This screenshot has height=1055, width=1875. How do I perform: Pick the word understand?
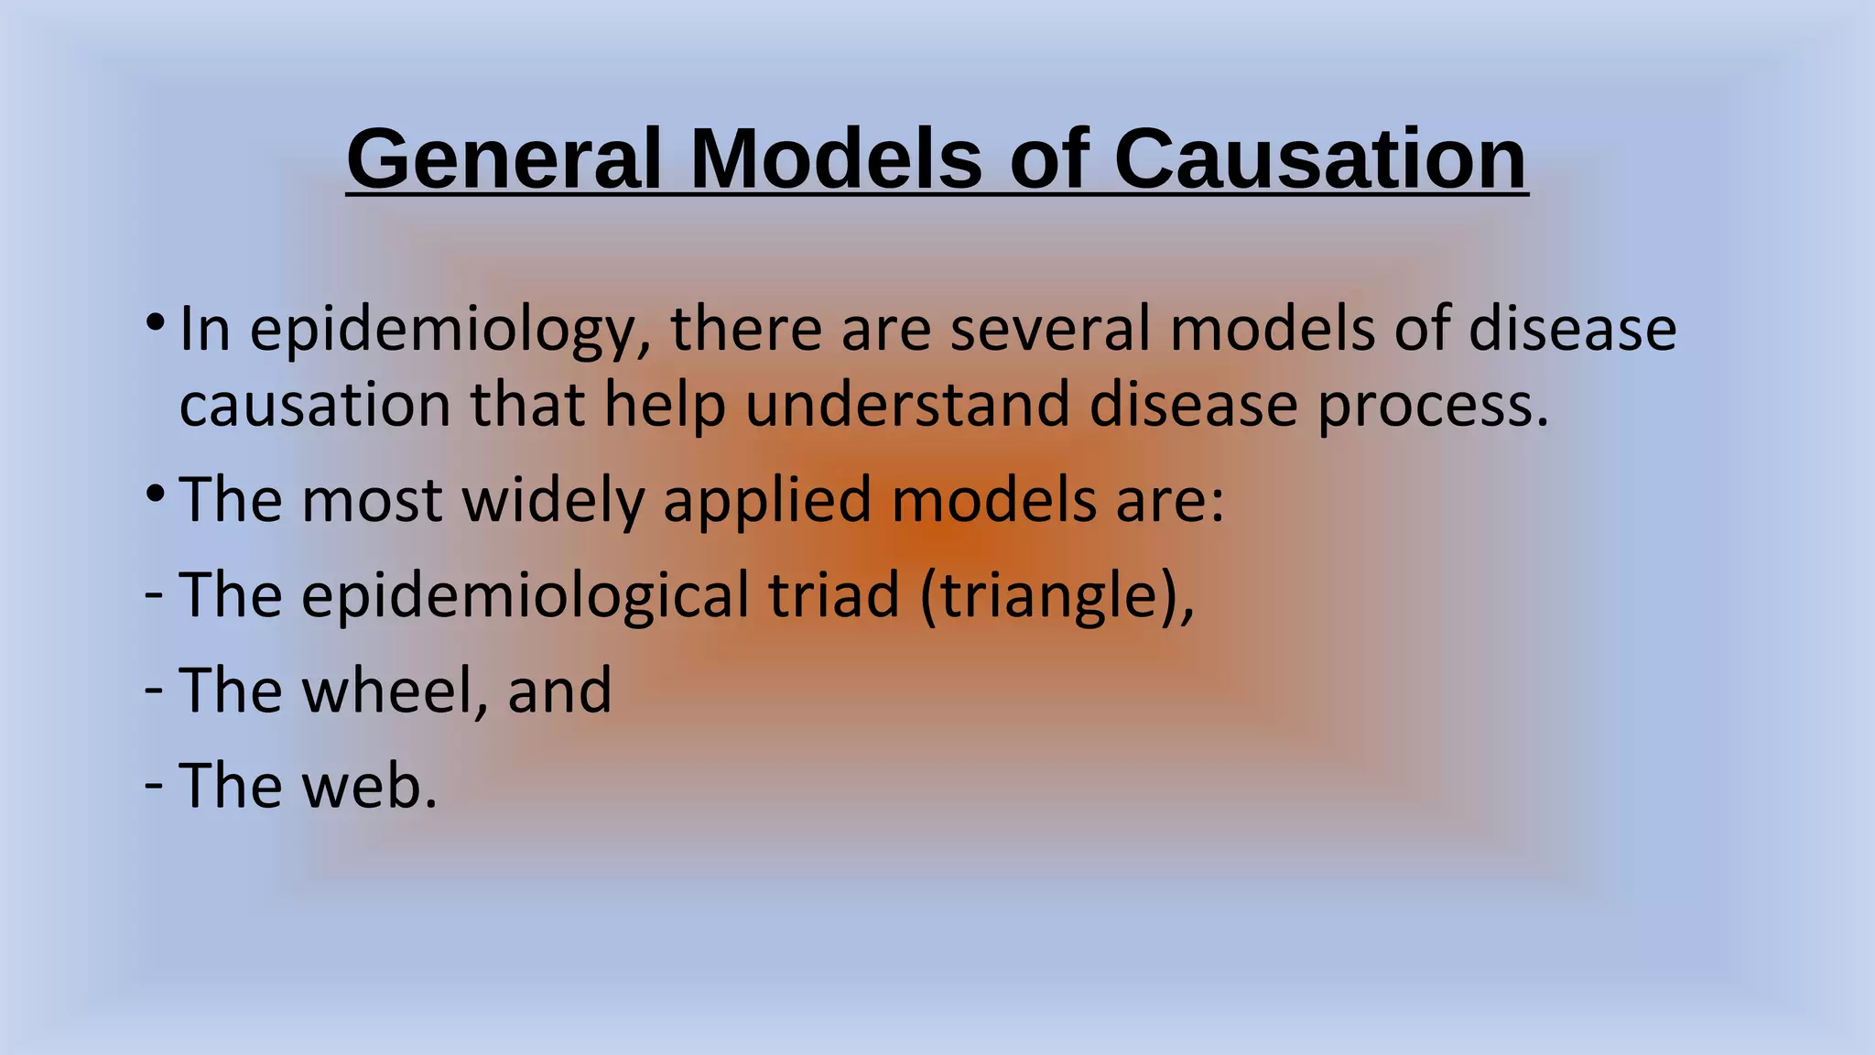907,405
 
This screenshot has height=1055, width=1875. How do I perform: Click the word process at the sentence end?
1432,407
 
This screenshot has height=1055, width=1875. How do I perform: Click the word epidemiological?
525,596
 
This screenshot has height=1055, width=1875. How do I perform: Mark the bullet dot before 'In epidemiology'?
155,323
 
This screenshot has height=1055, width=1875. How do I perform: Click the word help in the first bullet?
665,407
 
